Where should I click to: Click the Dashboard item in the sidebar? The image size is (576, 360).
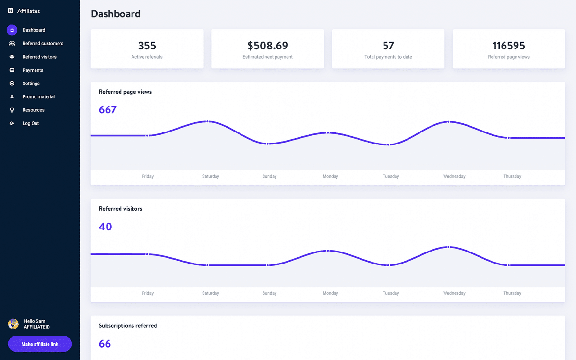pyautogui.click(x=34, y=30)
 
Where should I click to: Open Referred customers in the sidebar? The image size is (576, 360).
pyautogui.click(x=43, y=44)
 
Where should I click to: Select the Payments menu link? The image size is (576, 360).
pyautogui.click(x=33, y=70)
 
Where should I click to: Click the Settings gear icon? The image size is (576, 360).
pyautogui.click(x=12, y=84)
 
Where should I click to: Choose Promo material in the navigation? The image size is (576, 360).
pyautogui.click(x=38, y=97)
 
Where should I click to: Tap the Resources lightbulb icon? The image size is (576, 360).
pyautogui.click(x=12, y=110)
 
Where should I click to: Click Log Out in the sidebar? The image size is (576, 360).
pyautogui.click(x=31, y=123)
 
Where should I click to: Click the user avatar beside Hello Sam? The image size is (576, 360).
pyautogui.click(x=13, y=324)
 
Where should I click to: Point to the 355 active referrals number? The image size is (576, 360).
pyautogui.click(x=147, y=46)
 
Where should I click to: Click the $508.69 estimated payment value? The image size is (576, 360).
pyautogui.click(x=267, y=46)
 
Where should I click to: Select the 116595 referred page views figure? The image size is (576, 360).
pyautogui.click(x=509, y=46)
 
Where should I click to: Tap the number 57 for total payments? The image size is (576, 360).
pyautogui.click(x=388, y=46)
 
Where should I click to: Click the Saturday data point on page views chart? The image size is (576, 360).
pyautogui.click(x=207, y=121)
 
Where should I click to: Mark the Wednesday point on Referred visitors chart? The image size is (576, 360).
pyautogui.click(x=448, y=247)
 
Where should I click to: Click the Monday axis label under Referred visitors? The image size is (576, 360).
pyautogui.click(x=330, y=293)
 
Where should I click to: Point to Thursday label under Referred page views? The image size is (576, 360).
pyautogui.click(x=512, y=176)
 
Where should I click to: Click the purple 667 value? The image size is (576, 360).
pyautogui.click(x=108, y=110)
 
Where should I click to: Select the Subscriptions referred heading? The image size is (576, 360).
pyautogui.click(x=128, y=325)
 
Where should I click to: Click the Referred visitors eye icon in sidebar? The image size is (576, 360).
pyautogui.click(x=12, y=57)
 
